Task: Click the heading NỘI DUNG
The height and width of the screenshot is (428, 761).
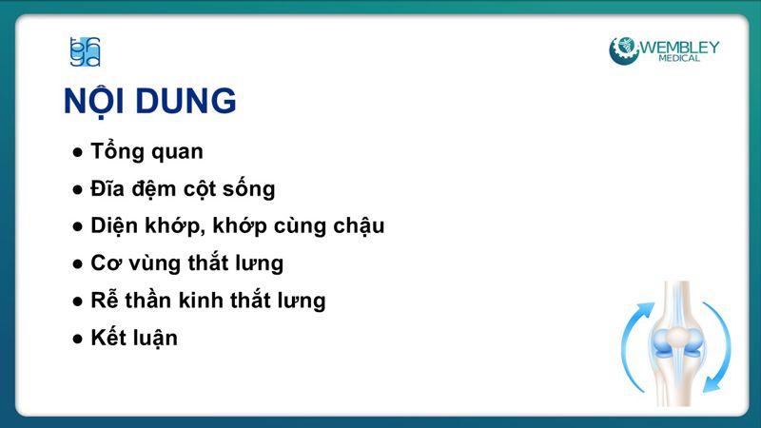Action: (x=149, y=101)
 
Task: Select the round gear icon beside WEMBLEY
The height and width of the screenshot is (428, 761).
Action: (x=624, y=49)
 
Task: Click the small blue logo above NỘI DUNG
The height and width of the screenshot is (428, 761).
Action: (x=85, y=51)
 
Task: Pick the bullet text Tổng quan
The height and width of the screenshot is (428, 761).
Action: (x=146, y=151)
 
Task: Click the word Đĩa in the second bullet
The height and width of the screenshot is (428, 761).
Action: (x=107, y=188)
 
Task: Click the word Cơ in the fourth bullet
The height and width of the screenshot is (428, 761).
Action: (x=103, y=263)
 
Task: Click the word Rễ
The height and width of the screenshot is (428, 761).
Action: (x=104, y=301)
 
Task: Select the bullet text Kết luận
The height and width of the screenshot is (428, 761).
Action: (x=134, y=338)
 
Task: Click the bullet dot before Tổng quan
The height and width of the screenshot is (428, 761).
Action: (x=78, y=152)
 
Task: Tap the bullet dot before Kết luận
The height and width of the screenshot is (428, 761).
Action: (x=78, y=339)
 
